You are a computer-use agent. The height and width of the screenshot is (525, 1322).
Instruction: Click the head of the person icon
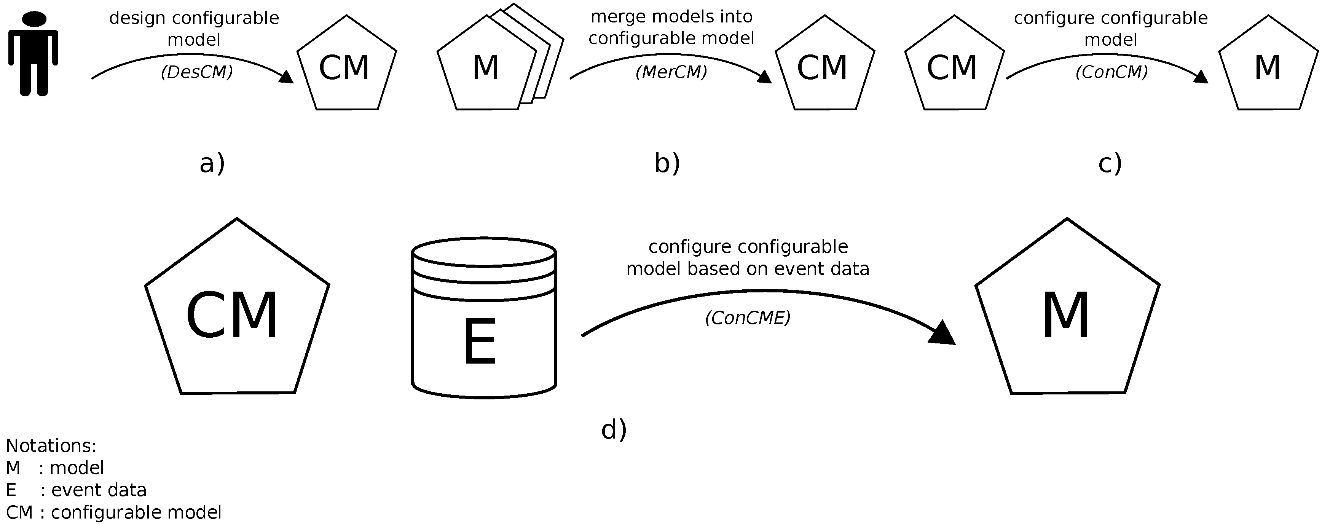pyautogui.click(x=34, y=19)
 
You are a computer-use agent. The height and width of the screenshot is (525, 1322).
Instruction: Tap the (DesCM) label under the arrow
pyautogui.click(x=196, y=72)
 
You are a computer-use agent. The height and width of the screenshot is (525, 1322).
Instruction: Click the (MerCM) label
pyautogui.click(x=671, y=72)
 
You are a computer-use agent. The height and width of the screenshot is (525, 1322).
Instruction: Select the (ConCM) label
pyautogui.click(x=1111, y=72)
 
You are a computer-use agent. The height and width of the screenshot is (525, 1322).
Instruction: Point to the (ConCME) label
pyautogui.click(x=748, y=318)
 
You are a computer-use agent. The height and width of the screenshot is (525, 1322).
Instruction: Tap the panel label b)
pyautogui.click(x=667, y=164)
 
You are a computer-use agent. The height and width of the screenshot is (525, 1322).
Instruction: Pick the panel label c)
pyautogui.click(x=1110, y=164)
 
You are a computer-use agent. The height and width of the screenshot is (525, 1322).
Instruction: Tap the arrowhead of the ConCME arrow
pyautogui.click(x=943, y=334)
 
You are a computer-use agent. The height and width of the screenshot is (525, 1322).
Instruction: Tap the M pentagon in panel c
pyautogui.click(x=1268, y=67)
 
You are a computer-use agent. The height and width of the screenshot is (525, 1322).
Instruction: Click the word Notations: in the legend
pyautogui.click(x=51, y=445)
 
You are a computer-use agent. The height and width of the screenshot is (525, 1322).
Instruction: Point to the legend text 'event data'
pyautogui.click(x=99, y=490)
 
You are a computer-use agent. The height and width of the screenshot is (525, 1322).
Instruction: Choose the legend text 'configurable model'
pyautogui.click(x=136, y=512)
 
